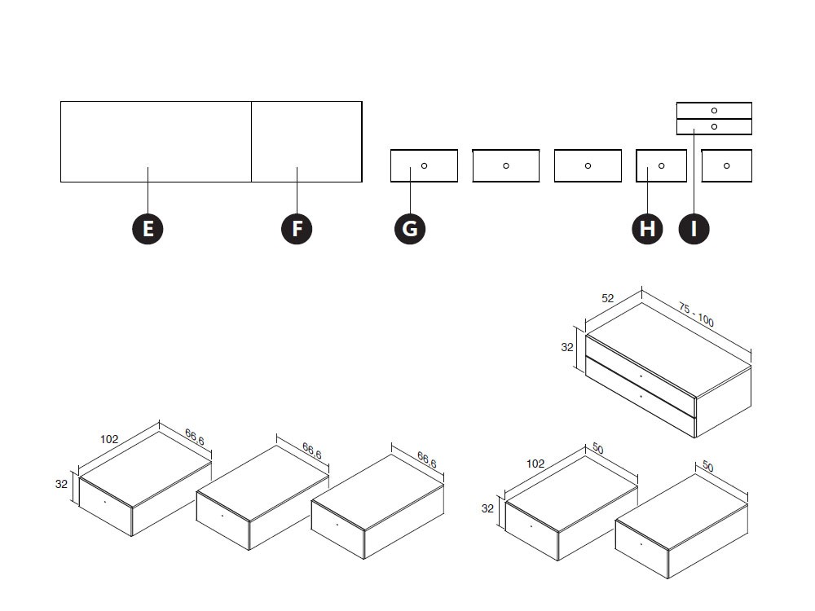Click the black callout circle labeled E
[148, 229]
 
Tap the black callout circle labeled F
[297, 229]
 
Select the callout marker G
[410, 229]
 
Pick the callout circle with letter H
[647, 229]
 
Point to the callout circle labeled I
[694, 229]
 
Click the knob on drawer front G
[424, 165]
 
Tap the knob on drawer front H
[661, 165]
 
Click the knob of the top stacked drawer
[714, 110]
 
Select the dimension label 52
[608, 299]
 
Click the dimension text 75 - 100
[696, 315]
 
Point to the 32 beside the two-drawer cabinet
[567, 347]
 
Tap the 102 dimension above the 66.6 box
[109, 439]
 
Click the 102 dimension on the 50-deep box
[535, 464]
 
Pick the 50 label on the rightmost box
[707, 468]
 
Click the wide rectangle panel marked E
[156, 141]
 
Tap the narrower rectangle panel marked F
[306, 141]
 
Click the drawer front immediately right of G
[505, 165]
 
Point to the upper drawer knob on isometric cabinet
[641, 376]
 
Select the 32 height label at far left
[61, 483]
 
